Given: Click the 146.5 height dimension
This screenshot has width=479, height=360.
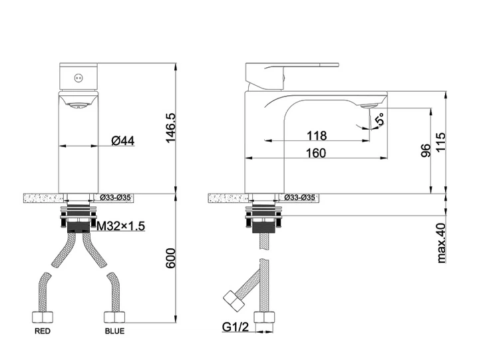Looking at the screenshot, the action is [x=171, y=128].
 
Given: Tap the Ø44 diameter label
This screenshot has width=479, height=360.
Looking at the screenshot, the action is [x=123, y=141].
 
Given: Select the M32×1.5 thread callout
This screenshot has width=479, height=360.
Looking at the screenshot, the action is [x=120, y=226].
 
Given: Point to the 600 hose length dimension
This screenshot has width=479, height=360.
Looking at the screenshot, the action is [x=171, y=258].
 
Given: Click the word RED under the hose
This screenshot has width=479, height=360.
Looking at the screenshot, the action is [x=43, y=331].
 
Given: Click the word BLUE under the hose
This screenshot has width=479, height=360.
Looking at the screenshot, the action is [x=114, y=331].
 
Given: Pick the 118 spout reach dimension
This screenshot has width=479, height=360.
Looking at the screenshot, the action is [x=317, y=135].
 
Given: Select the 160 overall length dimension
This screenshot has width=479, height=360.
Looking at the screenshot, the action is [x=316, y=153].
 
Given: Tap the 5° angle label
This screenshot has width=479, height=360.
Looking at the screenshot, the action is [x=380, y=119].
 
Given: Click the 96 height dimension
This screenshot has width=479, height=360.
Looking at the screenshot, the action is [x=426, y=150].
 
